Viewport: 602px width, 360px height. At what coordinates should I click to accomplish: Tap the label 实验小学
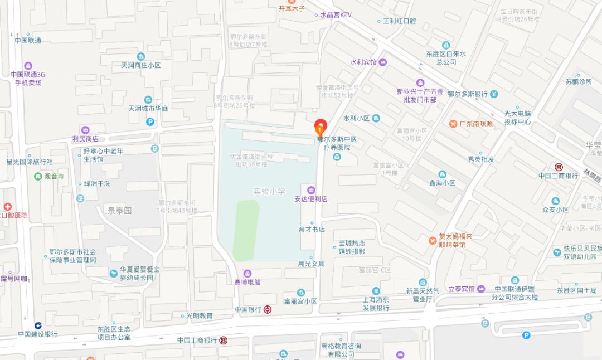[x=269, y=191]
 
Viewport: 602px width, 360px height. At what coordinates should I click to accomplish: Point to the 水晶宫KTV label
[x=336, y=15]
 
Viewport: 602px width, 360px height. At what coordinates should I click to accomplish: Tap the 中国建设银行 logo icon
[x=38, y=325]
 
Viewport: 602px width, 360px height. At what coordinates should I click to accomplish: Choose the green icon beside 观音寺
[x=38, y=177]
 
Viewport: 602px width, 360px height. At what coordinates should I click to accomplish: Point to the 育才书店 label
[x=312, y=229]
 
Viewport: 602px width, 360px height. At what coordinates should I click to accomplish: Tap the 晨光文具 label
[x=311, y=264]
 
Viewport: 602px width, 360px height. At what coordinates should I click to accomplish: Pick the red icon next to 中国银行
[x=268, y=309]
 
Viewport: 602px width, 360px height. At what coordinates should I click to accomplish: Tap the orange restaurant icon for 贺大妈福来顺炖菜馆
[x=432, y=240]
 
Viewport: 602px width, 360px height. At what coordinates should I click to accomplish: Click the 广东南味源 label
[x=475, y=123]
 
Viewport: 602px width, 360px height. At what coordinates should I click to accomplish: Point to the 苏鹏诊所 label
[x=578, y=81]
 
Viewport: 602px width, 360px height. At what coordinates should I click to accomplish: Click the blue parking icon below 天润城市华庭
[x=150, y=122]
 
